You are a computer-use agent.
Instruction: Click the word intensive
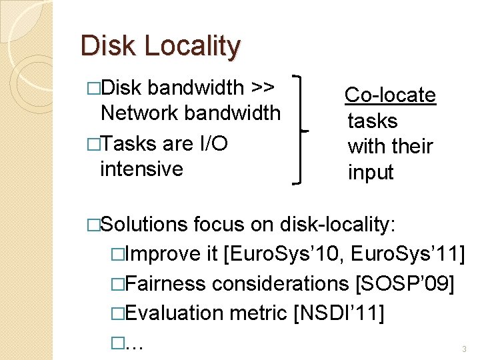tap(141, 169)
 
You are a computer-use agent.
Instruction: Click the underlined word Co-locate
tap(391, 95)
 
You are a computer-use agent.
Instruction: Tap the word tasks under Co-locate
tap(372, 121)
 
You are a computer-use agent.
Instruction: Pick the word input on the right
tap(371, 173)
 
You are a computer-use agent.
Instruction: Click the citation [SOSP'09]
tap(405, 283)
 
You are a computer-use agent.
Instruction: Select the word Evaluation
tap(174, 313)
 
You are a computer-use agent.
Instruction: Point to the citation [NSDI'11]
tap(339, 313)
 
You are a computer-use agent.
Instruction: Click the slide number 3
tap(464, 349)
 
